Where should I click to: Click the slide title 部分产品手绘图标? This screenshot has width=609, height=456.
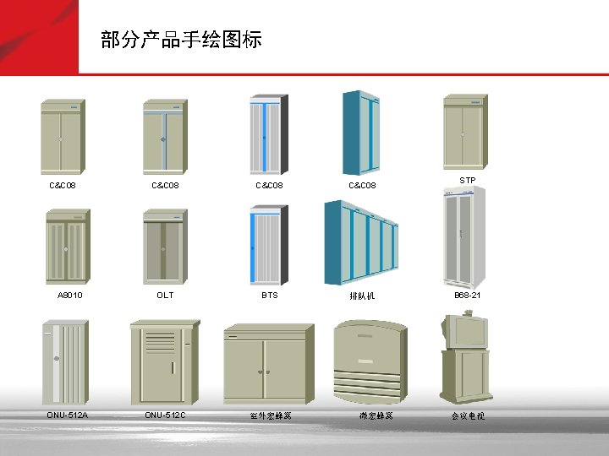point(181,40)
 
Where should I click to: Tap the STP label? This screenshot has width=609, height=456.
point(467,181)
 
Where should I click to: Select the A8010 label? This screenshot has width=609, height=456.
point(69,296)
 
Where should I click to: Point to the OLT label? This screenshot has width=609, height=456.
point(165,296)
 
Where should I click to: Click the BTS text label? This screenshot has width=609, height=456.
point(269,296)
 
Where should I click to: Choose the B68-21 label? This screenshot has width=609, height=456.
point(467,296)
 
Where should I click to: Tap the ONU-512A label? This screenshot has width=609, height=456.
point(68,415)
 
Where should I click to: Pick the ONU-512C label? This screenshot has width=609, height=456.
point(165,415)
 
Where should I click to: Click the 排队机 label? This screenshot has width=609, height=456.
point(362,296)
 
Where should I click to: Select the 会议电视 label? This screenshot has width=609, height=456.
point(467,416)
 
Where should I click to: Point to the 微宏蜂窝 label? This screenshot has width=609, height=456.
point(374,416)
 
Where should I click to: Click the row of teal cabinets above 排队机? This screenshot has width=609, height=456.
point(362,242)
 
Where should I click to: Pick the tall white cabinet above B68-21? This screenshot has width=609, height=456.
point(464,236)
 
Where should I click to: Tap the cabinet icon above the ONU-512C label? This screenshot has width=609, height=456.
point(164,363)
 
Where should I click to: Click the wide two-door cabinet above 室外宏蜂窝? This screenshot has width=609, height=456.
point(267,365)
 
